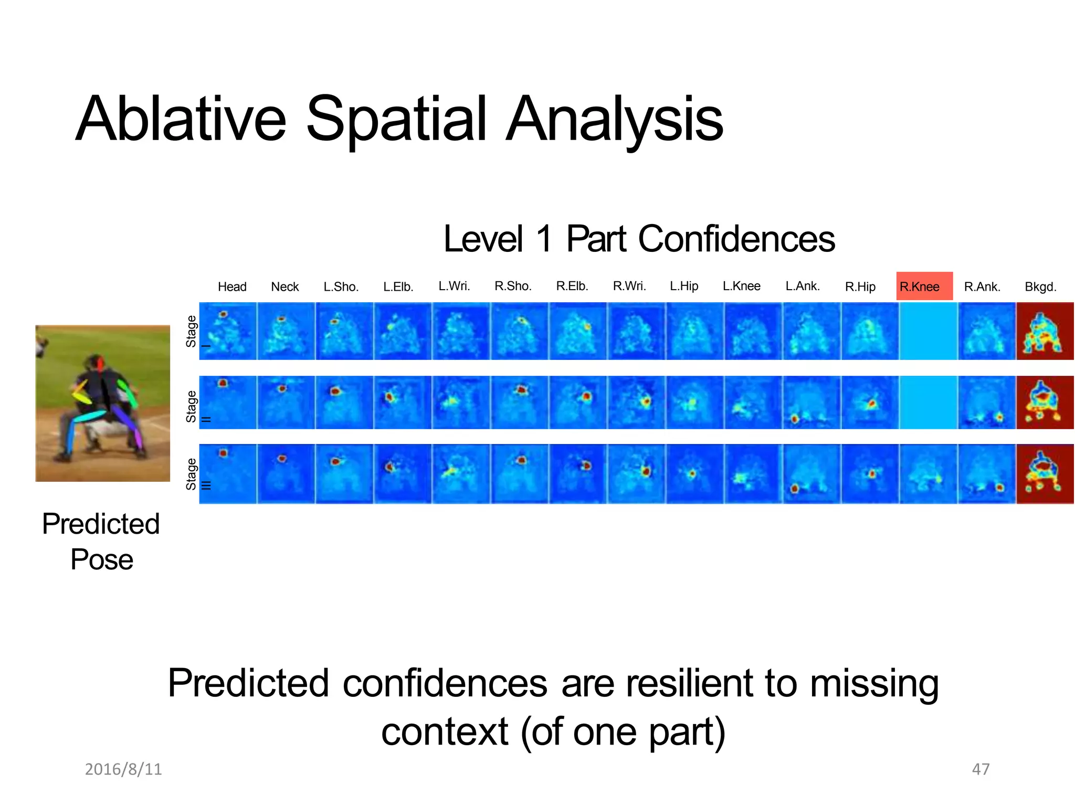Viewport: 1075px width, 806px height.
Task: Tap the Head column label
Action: pyautogui.click(x=232, y=287)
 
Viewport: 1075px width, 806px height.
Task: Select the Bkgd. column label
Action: pyautogui.click(x=1040, y=287)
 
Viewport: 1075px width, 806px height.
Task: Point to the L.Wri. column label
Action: pyautogui.click(x=454, y=286)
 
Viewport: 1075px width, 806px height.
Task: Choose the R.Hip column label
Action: pyautogui.click(x=860, y=287)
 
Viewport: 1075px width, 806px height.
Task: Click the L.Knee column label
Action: pyautogui.click(x=741, y=286)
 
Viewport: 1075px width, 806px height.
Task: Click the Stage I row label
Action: pyautogui.click(x=192, y=331)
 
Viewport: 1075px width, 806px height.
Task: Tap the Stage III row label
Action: pyautogui.click(x=192, y=474)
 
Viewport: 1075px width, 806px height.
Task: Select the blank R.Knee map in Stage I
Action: pyautogui.click(x=928, y=331)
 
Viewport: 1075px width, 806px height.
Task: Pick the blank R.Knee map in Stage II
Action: pyautogui.click(x=928, y=402)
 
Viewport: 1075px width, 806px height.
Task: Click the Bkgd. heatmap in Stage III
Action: pyautogui.click(x=1045, y=474)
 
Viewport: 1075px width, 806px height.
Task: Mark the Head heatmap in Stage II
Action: pyautogui.click(x=228, y=402)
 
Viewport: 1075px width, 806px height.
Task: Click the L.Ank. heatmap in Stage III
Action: pyautogui.click(x=811, y=474)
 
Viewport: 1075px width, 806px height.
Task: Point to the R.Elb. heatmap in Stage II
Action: pyautogui.click(x=578, y=402)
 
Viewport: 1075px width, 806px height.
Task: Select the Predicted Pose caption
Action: pyautogui.click(x=101, y=541)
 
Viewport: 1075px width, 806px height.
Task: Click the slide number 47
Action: pyautogui.click(x=981, y=769)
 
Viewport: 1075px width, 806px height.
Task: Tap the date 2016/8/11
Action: pyautogui.click(x=123, y=769)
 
